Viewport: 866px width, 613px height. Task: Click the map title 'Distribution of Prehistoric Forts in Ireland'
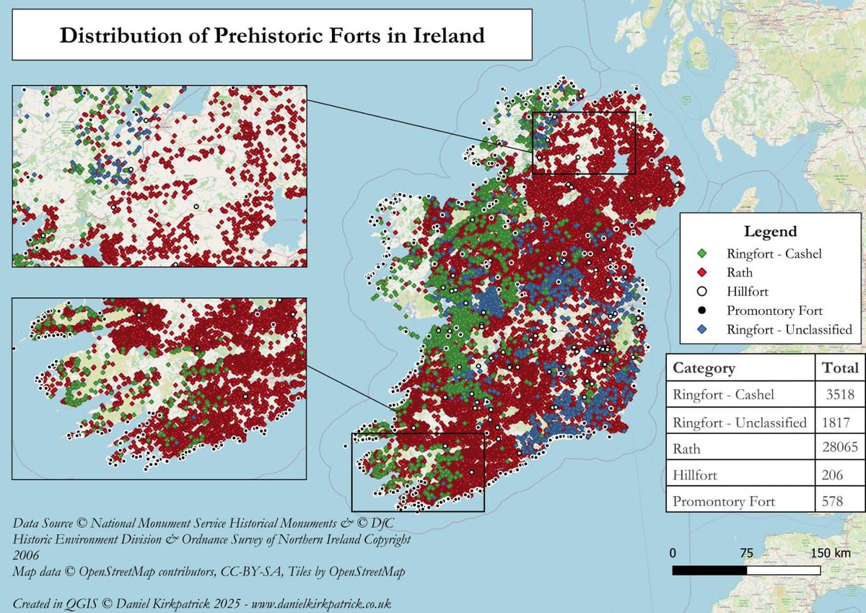pos(272,35)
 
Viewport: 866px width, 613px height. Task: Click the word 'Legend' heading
pos(770,232)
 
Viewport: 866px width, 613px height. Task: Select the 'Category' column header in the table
pos(704,368)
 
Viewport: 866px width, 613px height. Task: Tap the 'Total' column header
pos(840,368)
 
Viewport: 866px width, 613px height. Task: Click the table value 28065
pos(839,448)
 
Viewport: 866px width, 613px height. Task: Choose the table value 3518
pos(841,395)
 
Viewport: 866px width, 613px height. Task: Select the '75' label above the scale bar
pos(746,553)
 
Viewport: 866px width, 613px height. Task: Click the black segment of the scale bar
pos(709,570)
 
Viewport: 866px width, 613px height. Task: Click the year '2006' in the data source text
pos(26,555)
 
